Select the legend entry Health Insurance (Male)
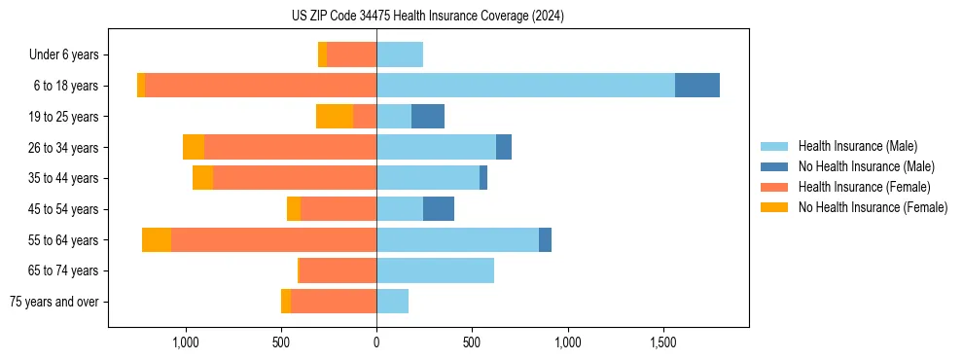[x=857, y=146]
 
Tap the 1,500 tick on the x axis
[x=662, y=342]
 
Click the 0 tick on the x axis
[x=376, y=342]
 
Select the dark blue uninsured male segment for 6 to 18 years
[x=697, y=86]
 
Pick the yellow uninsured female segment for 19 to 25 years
[x=335, y=117]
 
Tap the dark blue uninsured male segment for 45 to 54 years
[x=439, y=209]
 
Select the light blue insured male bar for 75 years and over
[x=392, y=302]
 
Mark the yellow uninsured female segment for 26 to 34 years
[x=194, y=147]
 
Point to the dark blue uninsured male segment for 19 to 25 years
[x=428, y=117]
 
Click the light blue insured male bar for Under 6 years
[x=400, y=54]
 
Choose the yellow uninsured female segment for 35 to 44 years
[x=202, y=178]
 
